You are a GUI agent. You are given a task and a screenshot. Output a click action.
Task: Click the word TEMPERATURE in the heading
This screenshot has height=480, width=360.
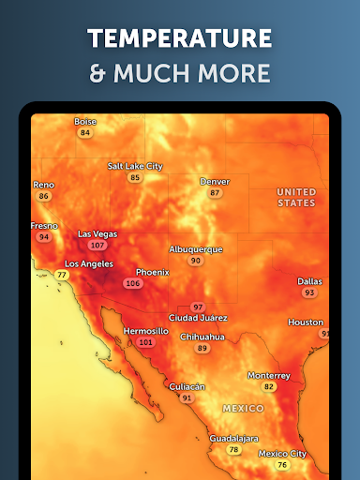(x=180, y=38)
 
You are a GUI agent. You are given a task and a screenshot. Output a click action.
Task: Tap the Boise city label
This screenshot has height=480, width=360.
(x=85, y=121)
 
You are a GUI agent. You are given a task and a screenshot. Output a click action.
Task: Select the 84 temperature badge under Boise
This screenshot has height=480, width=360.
(x=85, y=133)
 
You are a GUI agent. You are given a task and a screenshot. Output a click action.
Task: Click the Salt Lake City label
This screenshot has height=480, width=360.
(x=135, y=166)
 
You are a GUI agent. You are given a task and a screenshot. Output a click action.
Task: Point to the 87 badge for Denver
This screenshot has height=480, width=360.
(x=215, y=192)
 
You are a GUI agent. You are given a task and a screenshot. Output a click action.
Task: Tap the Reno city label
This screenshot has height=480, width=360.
(x=43, y=185)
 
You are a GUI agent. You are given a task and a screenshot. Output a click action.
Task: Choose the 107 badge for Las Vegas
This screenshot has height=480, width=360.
(x=97, y=245)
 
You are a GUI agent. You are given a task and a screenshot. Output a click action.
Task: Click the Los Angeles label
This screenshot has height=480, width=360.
(x=88, y=264)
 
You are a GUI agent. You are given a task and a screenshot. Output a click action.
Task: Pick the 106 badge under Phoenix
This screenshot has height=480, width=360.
(x=133, y=283)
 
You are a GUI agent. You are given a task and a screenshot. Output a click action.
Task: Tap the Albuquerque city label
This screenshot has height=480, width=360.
(x=196, y=249)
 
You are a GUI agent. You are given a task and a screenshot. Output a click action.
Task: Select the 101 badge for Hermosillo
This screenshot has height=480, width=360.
(x=145, y=342)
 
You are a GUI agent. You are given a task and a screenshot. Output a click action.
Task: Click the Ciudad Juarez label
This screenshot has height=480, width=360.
(x=197, y=318)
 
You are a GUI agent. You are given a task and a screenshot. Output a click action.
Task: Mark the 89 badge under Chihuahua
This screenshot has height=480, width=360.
(x=202, y=348)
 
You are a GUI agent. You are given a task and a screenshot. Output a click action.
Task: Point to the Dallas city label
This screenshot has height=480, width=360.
(x=309, y=281)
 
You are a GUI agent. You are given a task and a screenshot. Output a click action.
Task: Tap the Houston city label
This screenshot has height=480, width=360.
(x=306, y=322)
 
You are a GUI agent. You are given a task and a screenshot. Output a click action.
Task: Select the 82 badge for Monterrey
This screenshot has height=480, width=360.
(x=269, y=386)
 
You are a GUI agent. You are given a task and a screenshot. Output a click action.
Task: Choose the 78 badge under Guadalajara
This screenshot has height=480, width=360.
(x=234, y=450)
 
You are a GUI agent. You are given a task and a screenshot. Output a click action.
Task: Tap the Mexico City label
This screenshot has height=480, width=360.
(x=282, y=454)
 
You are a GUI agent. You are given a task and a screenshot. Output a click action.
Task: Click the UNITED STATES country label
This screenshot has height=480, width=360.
(x=296, y=197)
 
